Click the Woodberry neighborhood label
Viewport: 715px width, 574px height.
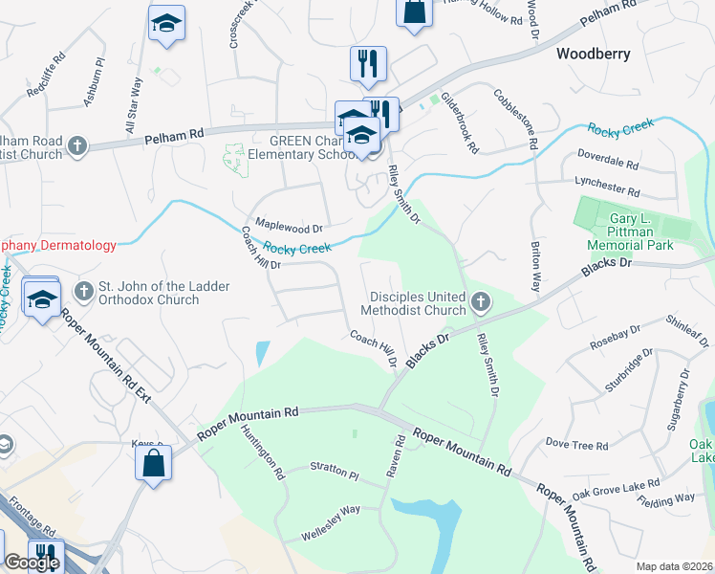pos(594,55)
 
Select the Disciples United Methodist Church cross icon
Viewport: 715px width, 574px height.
pos(481,303)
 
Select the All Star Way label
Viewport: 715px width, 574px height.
pos(132,108)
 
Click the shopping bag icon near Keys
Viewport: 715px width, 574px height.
pos(153,465)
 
